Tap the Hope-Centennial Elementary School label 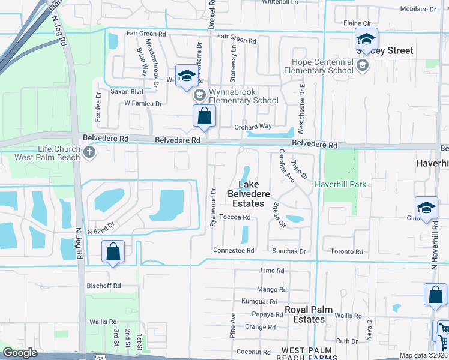[322, 66]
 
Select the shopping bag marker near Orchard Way [204, 116]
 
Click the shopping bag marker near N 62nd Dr [113, 252]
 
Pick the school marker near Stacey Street [366, 39]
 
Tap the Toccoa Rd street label [234, 217]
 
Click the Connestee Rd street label [234, 250]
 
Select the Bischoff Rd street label [104, 286]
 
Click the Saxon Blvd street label [126, 92]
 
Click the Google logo [20, 353]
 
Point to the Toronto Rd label [351, 252]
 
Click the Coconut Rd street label [253, 352]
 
